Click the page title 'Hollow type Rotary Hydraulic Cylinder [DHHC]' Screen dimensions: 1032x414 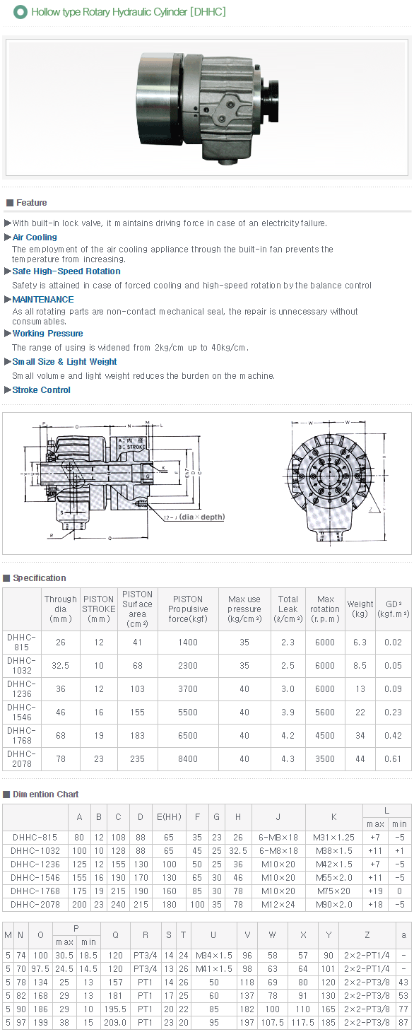pos(129,12)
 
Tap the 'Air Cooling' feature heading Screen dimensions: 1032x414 pos(35,238)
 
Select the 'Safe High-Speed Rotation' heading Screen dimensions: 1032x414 pos(66,271)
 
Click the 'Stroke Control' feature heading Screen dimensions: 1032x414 pos(42,390)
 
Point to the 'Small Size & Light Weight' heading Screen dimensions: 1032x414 pos(64,362)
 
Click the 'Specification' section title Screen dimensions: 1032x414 pos(40,578)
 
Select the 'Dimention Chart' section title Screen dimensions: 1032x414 pos(46,794)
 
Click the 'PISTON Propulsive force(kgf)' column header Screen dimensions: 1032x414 pos(188,609)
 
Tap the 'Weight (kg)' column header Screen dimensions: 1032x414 pos(360,609)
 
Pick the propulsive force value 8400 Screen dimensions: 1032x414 pos(188,759)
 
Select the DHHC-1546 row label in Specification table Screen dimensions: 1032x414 pos(21,713)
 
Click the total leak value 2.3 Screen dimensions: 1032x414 pos(288,643)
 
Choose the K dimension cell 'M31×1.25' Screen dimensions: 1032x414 pos(334,838)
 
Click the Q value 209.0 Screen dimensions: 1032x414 pos(114,1022)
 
